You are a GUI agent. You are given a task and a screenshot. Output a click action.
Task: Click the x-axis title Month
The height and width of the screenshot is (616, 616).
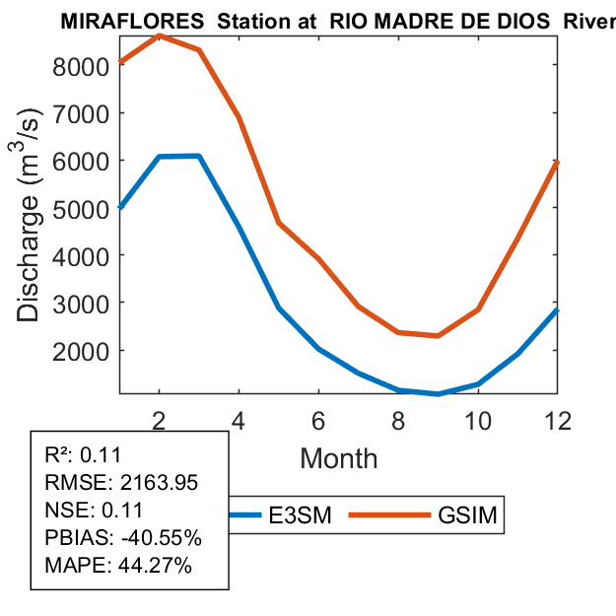pos(338,457)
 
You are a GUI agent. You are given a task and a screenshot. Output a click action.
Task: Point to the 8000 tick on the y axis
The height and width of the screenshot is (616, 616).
pos(85,66)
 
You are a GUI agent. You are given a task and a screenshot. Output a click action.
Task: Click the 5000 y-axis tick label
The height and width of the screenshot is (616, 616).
pos(85,208)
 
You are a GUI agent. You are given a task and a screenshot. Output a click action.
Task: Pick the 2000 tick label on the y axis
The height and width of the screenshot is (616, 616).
pos(85,351)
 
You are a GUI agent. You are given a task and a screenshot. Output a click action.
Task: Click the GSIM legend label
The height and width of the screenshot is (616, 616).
pos(466,515)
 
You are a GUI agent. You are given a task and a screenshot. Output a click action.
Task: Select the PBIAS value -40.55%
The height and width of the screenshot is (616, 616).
pos(155,538)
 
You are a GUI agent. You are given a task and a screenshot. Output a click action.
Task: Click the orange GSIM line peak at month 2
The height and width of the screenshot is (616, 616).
pos(160,35)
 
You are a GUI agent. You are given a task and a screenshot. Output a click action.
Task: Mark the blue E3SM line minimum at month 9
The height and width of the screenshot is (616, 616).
pos(439,394)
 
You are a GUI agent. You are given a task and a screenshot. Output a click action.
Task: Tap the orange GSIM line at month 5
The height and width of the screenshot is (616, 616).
pos(279,222)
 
